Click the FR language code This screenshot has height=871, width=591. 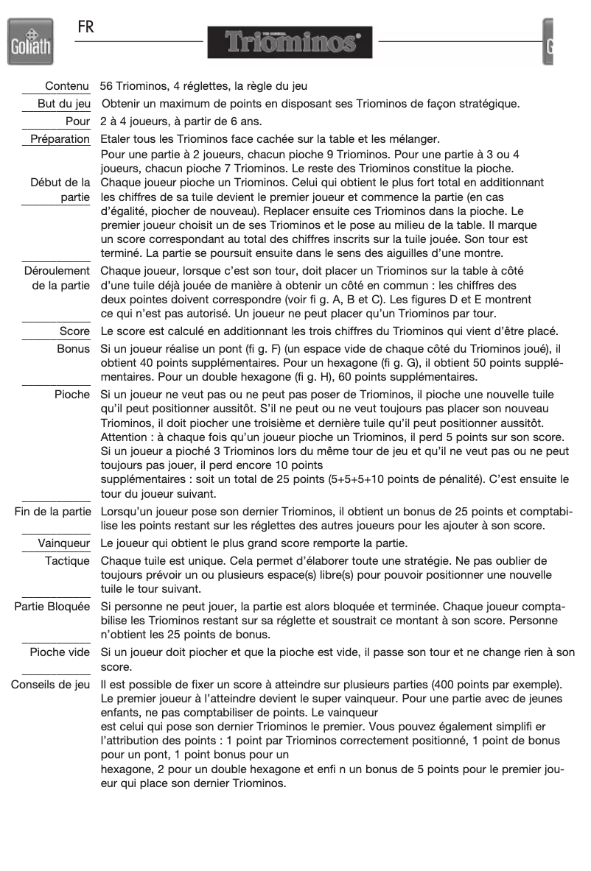point(87,27)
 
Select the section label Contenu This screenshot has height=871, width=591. point(67,88)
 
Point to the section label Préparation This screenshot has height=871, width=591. point(60,139)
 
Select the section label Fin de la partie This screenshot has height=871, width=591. point(50,510)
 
